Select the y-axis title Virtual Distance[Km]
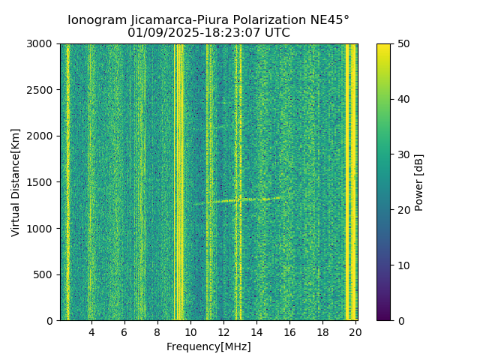pyautogui.click(x=16, y=182)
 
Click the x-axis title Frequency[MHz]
pyautogui.click(x=208, y=346)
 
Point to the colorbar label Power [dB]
pyautogui.click(x=419, y=182)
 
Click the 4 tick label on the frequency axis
pyautogui.click(x=91, y=331)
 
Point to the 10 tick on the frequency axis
pyautogui.click(x=190, y=331)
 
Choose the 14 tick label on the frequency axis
pyautogui.click(x=256, y=331)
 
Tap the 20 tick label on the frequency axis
pyautogui.click(x=355, y=331)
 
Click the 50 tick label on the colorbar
pyautogui.click(x=403, y=44)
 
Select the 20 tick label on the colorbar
pyautogui.click(x=403, y=210)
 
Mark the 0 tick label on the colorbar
pyautogui.click(x=400, y=320)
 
